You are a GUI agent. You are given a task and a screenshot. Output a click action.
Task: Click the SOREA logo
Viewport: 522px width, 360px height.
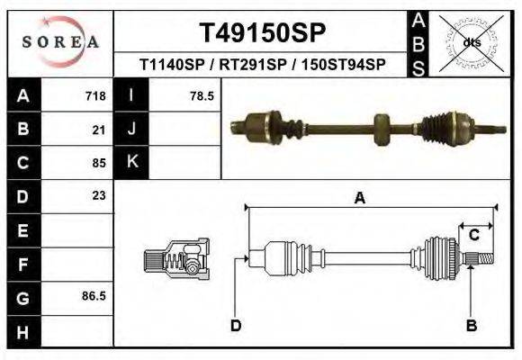(60, 41)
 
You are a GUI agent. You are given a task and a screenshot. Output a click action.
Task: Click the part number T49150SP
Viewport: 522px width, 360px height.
(261, 32)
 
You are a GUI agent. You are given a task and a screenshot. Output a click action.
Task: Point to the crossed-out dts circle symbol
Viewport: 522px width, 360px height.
(471, 42)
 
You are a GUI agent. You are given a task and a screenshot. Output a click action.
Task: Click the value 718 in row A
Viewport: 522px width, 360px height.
(95, 95)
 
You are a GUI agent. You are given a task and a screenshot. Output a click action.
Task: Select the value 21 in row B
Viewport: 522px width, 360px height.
(99, 130)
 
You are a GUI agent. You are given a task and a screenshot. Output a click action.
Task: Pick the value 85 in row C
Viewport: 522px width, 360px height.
(99, 163)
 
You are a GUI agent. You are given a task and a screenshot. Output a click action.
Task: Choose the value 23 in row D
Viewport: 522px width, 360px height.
(99, 195)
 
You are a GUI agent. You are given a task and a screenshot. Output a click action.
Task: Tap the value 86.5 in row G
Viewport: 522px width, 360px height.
(94, 295)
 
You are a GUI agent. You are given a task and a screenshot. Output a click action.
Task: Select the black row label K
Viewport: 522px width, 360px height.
(131, 163)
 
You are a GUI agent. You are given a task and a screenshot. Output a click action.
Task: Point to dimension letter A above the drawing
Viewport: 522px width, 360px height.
(359, 199)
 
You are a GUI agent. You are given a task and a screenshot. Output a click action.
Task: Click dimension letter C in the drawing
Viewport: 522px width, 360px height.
(472, 236)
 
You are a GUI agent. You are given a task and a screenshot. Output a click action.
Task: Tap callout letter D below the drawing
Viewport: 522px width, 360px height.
(236, 325)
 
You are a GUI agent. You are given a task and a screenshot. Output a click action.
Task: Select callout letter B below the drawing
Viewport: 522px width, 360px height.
(470, 325)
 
